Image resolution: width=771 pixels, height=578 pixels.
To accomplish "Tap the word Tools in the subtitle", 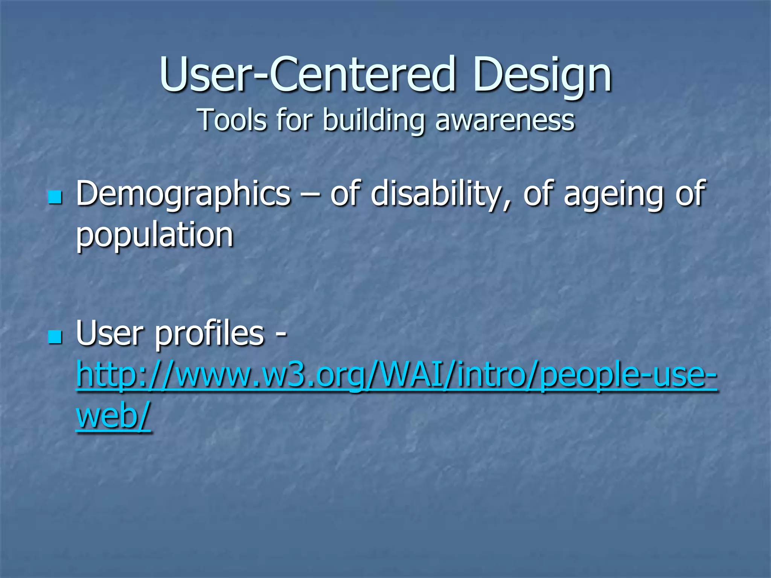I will click(232, 120).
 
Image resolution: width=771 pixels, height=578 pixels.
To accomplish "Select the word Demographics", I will click(183, 194).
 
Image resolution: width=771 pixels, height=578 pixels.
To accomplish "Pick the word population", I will click(155, 236).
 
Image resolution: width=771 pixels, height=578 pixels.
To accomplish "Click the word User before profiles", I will click(111, 333).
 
